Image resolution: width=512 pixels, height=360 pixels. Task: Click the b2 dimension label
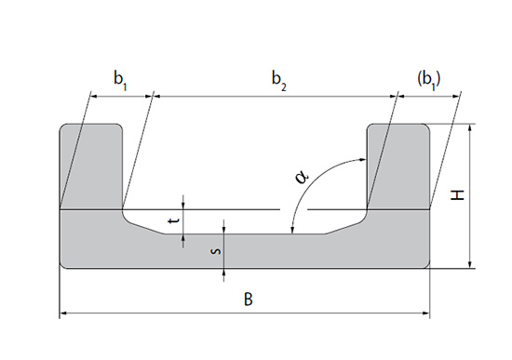pos(279,81)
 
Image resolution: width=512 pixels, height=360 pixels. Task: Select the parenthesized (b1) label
pos(429,80)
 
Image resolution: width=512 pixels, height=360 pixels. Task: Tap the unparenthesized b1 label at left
pos(120,81)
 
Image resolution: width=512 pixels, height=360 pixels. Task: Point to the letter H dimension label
pos(457,194)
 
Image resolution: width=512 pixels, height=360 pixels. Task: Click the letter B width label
pos(249,299)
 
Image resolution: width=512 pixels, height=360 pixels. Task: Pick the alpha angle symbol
pos(302,178)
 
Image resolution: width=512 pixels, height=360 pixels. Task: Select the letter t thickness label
pos(174,220)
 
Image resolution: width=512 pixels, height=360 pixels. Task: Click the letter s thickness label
pos(217,251)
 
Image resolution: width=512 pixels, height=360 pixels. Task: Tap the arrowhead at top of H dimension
pos(470,128)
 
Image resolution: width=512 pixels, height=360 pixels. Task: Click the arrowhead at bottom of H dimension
pos(470,264)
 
